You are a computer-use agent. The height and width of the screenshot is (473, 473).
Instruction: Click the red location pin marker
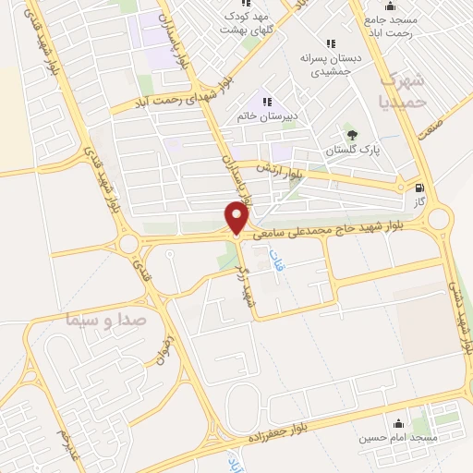coord(237,218)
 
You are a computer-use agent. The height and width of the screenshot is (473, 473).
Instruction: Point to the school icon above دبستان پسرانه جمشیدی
coord(331,42)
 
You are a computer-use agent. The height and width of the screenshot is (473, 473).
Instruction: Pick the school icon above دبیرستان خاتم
coord(266,101)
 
